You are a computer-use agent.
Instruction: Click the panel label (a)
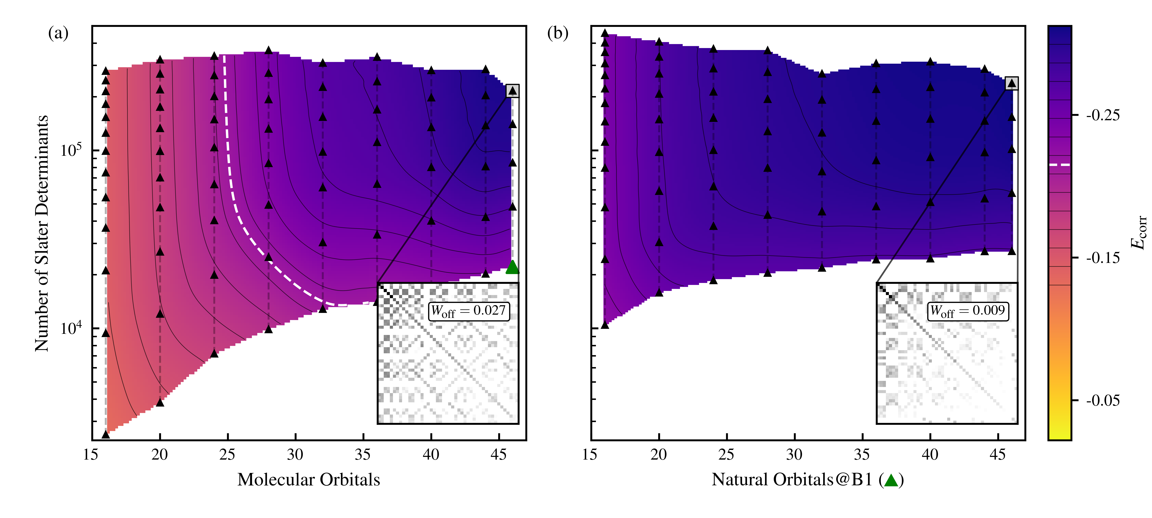[58, 33]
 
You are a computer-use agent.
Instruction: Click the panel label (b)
[558, 33]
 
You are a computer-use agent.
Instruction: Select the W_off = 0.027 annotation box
[468, 311]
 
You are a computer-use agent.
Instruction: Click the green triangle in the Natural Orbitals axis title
[891, 480]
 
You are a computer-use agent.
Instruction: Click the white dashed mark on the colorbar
[1059, 165]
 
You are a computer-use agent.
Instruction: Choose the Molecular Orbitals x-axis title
[309, 480]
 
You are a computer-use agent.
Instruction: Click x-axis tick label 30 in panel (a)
[295, 454]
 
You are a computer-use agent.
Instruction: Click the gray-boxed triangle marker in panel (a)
[512, 91]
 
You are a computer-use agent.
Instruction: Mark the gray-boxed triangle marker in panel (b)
[1012, 83]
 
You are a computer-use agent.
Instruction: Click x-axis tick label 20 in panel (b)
[658, 454]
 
